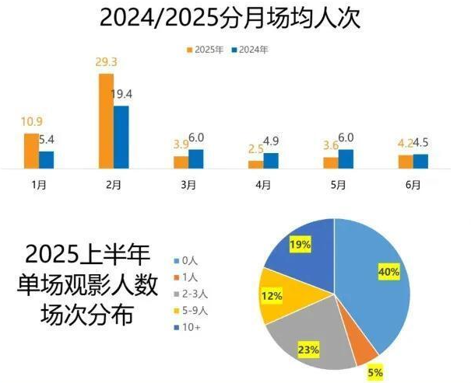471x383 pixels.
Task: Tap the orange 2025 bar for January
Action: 31,151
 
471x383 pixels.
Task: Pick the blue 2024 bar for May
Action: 346,158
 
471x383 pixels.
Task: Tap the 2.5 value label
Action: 254,149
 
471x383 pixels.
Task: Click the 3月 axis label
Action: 188,185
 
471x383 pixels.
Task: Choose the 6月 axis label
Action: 413,185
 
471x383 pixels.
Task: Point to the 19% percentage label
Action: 300,244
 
